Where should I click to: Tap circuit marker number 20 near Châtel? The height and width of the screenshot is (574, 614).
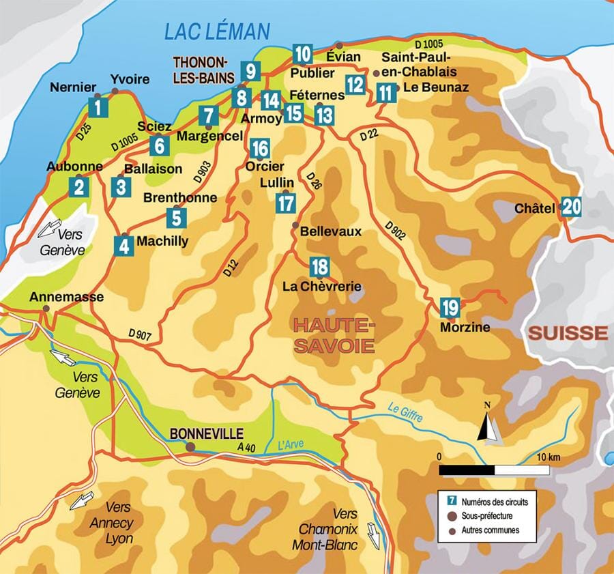pos(572,207)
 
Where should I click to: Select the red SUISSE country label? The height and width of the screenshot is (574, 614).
pos(568,333)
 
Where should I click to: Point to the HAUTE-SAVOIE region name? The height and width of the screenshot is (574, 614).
pos(334,334)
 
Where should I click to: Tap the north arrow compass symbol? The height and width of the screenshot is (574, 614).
pos(488,428)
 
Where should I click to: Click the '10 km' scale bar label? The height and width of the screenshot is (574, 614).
pos(544,456)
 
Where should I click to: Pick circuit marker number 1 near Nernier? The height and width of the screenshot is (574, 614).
pos(99,107)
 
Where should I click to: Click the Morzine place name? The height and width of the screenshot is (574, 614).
pos(465,328)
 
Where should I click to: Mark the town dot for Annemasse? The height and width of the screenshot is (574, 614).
pos(46,308)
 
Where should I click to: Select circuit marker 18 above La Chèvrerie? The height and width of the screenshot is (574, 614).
pos(319,266)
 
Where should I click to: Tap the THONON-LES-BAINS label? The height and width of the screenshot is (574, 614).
pos(203,69)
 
